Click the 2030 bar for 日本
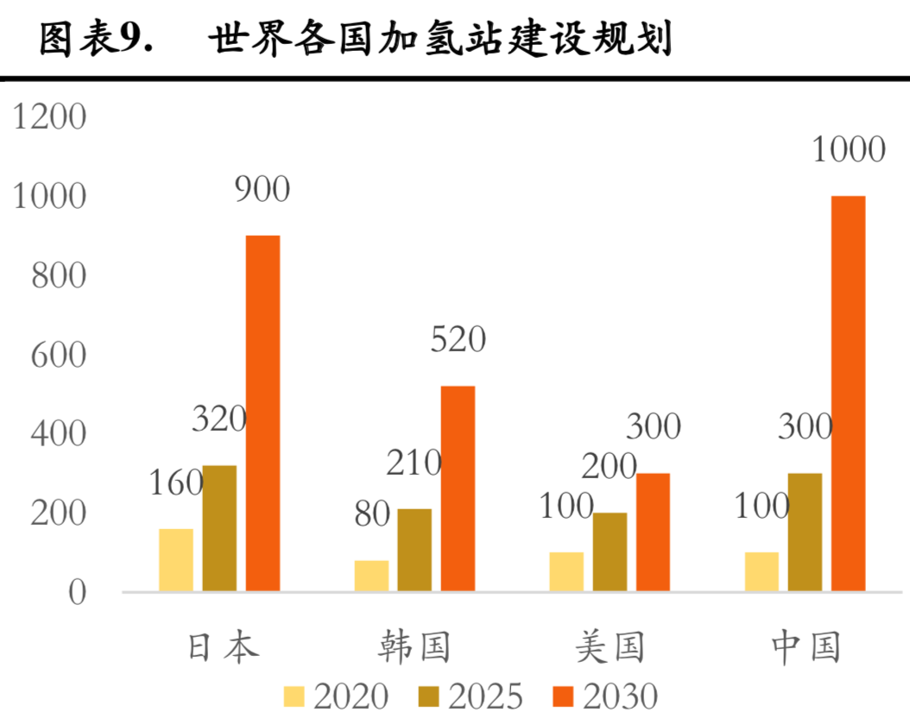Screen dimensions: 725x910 coord(262,413)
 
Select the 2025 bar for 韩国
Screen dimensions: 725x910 coord(414,550)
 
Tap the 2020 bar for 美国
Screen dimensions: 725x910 coord(566,571)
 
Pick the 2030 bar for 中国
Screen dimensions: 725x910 coord(848,394)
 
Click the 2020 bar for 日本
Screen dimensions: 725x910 coord(176,559)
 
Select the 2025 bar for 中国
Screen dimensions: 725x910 coord(805,533)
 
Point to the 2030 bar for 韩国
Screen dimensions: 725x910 coord(458,489)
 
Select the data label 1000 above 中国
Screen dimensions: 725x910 coord(849,150)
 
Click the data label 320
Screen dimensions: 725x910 coord(219,420)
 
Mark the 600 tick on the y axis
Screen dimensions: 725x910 coord(59,356)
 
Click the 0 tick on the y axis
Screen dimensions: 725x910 coord(78,593)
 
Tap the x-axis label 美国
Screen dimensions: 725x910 coord(610,646)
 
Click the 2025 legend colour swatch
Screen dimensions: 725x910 coord(430,697)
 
